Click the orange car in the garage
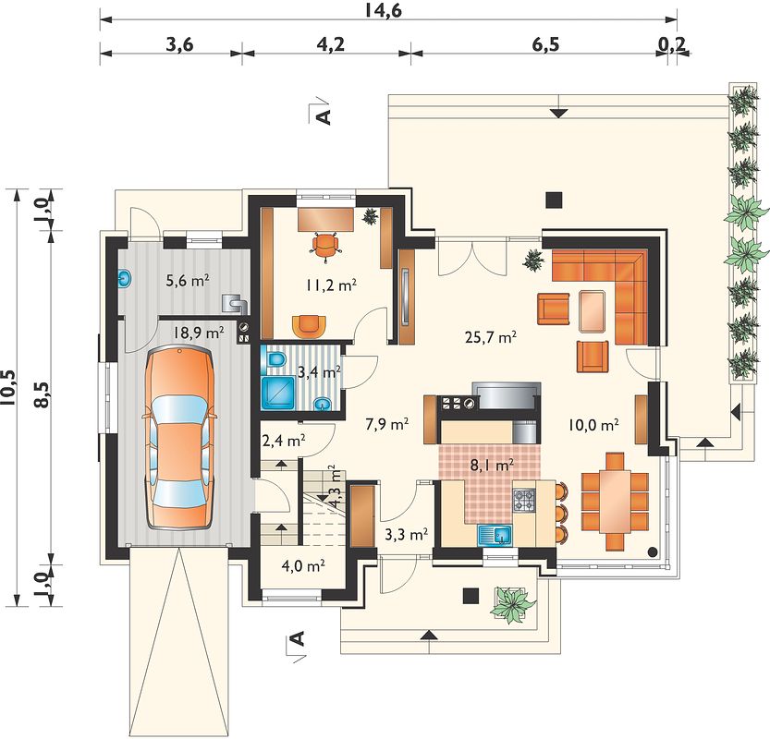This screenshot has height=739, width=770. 180,437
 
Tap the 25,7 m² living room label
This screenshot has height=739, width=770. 490,336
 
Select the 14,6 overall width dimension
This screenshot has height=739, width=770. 383,10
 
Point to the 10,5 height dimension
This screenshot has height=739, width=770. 9,388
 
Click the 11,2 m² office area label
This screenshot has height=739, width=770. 331,285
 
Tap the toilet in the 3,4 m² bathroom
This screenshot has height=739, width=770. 276,359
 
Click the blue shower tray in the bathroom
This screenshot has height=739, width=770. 278,392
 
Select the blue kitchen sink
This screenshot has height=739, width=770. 495,534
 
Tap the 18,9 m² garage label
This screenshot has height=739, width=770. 199,333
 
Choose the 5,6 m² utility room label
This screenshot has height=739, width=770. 188,281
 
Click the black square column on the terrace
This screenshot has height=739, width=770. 555,200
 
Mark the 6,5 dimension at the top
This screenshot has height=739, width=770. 545,44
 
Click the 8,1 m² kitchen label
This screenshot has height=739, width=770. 492,465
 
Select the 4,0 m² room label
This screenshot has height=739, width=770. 303,565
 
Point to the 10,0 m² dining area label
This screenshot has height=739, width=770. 593,424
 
